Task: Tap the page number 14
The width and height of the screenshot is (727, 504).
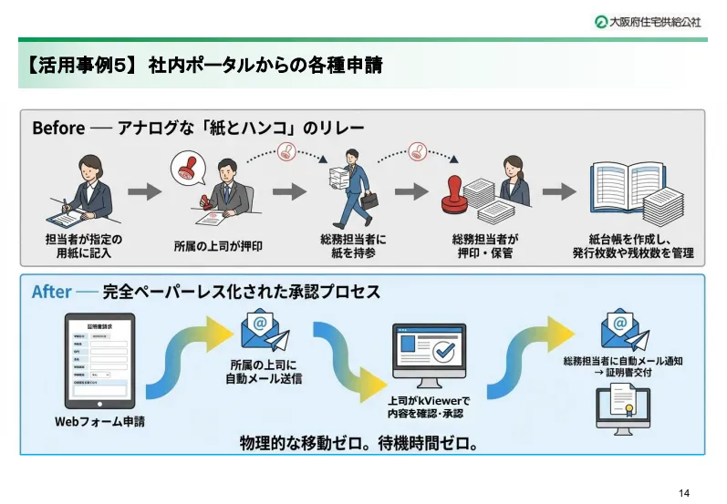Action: click(684, 492)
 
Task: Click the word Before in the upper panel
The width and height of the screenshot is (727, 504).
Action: click(58, 127)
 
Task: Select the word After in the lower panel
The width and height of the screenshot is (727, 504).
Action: click(51, 292)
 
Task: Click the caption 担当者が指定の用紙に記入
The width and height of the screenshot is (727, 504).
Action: click(84, 246)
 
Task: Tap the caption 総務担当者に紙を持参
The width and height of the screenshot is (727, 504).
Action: click(354, 246)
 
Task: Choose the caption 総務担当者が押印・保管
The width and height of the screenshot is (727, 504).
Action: click(484, 246)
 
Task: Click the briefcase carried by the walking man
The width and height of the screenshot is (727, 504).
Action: click(369, 201)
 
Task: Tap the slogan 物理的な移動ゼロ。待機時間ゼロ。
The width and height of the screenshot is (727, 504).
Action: click(359, 443)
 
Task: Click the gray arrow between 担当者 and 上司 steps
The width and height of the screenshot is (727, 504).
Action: click(144, 191)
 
